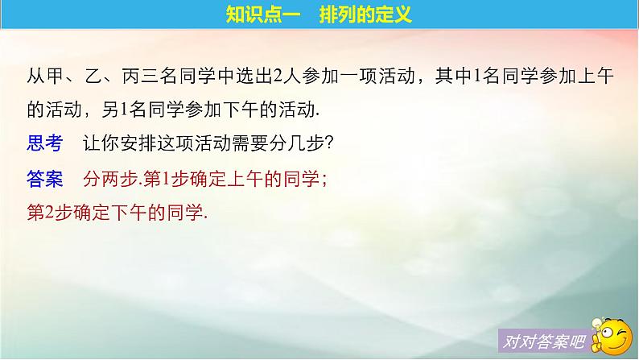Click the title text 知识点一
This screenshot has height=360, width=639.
coord(256,16)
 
